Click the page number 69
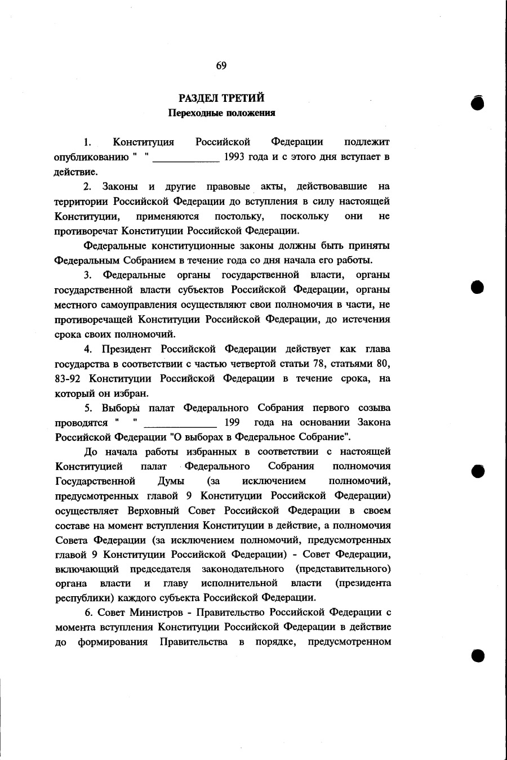[221, 66]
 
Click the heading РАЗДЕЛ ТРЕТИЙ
[221, 99]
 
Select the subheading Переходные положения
[222, 113]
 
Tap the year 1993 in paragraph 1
[235, 157]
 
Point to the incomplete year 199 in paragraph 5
[232, 422]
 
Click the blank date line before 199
[180, 426]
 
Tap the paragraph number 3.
[88, 275]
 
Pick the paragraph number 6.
[88, 612]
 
